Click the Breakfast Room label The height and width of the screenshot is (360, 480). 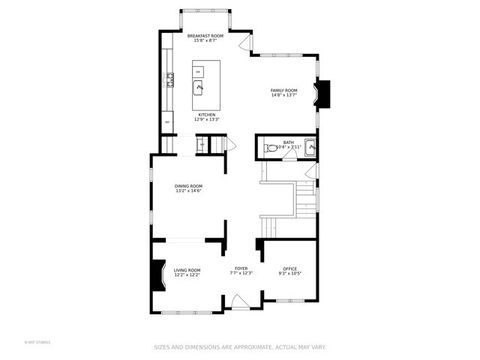click(x=206, y=36)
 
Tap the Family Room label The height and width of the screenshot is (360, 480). click(x=284, y=91)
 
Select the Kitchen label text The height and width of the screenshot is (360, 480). click(x=207, y=114)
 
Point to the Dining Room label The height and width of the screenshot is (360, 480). click(x=189, y=185)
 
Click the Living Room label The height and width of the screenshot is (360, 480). click(x=187, y=269)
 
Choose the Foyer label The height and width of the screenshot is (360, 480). click(x=241, y=268)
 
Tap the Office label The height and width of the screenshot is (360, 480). click(x=290, y=268)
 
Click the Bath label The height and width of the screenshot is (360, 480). click(x=288, y=143)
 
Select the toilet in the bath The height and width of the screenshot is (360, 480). click(x=271, y=148)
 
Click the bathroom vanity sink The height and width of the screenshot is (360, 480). click(x=310, y=147)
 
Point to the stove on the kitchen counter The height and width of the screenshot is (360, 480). click(x=171, y=77)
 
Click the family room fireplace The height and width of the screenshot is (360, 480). click(x=321, y=93)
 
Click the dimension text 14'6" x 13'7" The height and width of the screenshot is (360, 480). click(x=284, y=96)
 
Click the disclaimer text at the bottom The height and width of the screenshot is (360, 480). click(x=239, y=347)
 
